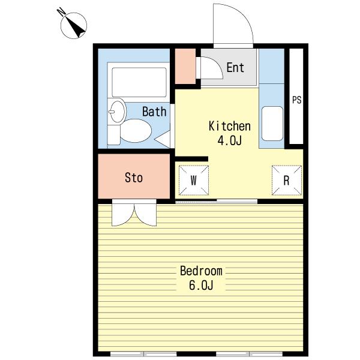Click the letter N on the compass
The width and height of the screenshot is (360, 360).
pos(61,12)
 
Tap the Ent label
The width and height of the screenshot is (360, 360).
pos(235,67)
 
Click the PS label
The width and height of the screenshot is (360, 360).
pos(296,100)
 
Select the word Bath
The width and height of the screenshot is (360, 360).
pos(154,112)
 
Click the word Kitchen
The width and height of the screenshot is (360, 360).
pos(229,126)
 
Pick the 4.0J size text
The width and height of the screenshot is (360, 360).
pos(229,140)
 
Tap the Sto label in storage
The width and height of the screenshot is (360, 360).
pos(134,178)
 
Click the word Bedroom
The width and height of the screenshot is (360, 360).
pos(201,271)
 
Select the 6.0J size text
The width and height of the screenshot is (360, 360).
pos(201,286)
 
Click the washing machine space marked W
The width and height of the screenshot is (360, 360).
pos(194,180)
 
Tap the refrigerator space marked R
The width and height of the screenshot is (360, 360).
pos(287,180)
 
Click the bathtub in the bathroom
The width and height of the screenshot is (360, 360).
pos(139,82)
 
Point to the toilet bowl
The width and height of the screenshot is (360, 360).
pos(136,131)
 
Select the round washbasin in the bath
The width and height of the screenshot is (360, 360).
pos(117,112)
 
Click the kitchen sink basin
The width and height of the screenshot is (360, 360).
pos(272,123)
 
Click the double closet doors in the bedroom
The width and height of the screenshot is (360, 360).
pos(134,213)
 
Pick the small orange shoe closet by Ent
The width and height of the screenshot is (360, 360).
pos(185,66)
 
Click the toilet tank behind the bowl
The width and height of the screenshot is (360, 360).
pos(113,135)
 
